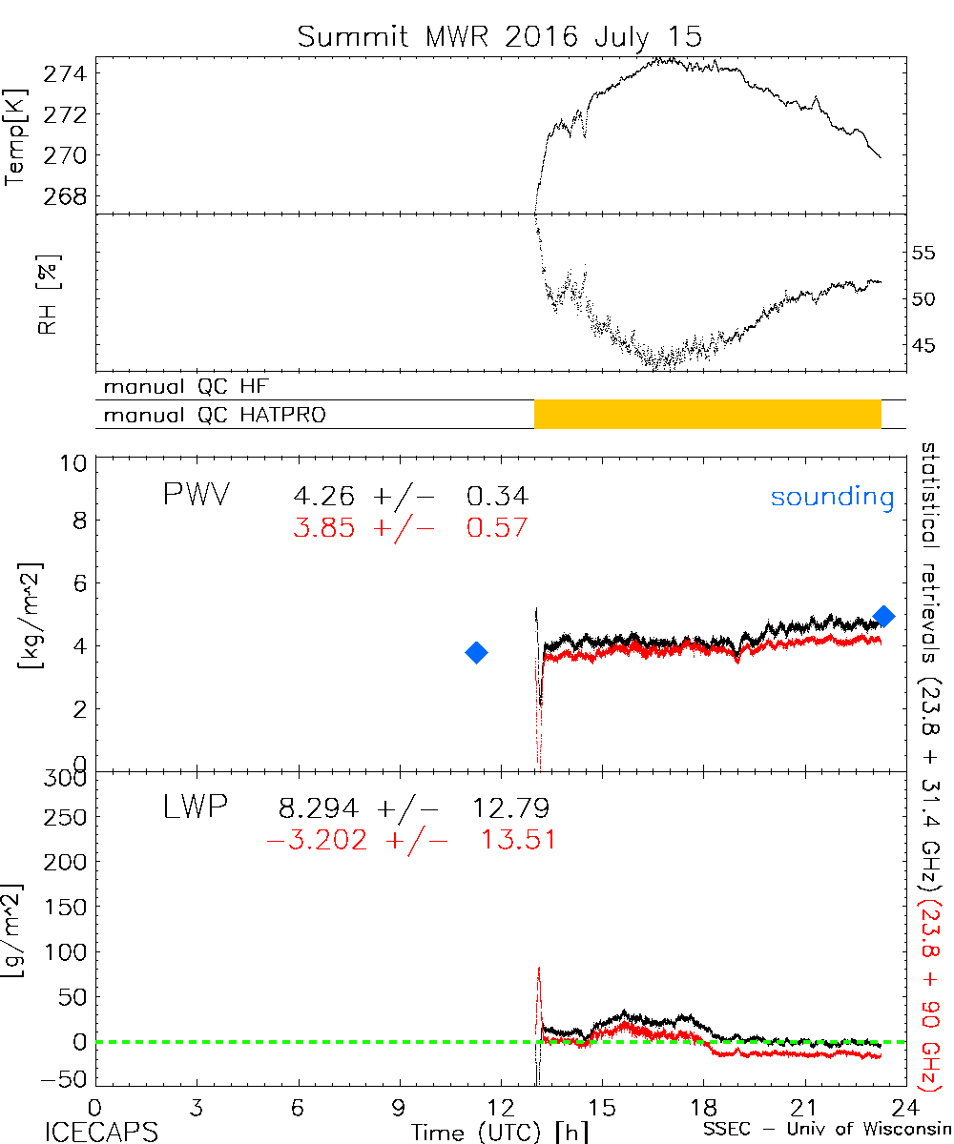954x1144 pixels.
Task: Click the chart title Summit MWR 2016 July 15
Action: point(499,37)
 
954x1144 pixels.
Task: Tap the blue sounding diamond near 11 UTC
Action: point(476,652)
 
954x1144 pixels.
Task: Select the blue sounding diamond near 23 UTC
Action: point(883,616)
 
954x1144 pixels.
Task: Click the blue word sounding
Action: point(832,497)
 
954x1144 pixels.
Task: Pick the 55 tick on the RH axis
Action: point(925,254)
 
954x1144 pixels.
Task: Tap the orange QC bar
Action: point(707,414)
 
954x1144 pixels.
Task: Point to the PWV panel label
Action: point(197,496)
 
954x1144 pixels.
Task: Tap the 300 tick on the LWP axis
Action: point(68,778)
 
